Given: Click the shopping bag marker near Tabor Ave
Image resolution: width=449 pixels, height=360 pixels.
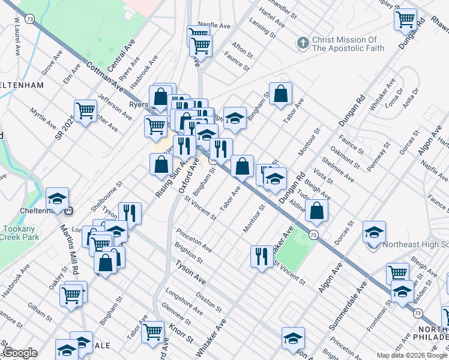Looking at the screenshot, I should pos(280,94).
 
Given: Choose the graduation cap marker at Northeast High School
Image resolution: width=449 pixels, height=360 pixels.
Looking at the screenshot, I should pos(374,232).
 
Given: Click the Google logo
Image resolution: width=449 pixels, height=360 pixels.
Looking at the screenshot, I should pos(19,352).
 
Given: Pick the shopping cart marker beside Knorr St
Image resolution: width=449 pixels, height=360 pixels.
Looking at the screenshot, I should pos(153,331).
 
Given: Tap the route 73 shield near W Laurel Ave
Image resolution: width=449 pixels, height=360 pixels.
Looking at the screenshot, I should pos(30,20).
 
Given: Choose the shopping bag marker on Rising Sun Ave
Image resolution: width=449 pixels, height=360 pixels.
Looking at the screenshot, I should pos(161,164).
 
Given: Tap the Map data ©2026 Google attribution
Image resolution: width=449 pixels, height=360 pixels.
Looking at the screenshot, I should pos(412,355).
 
